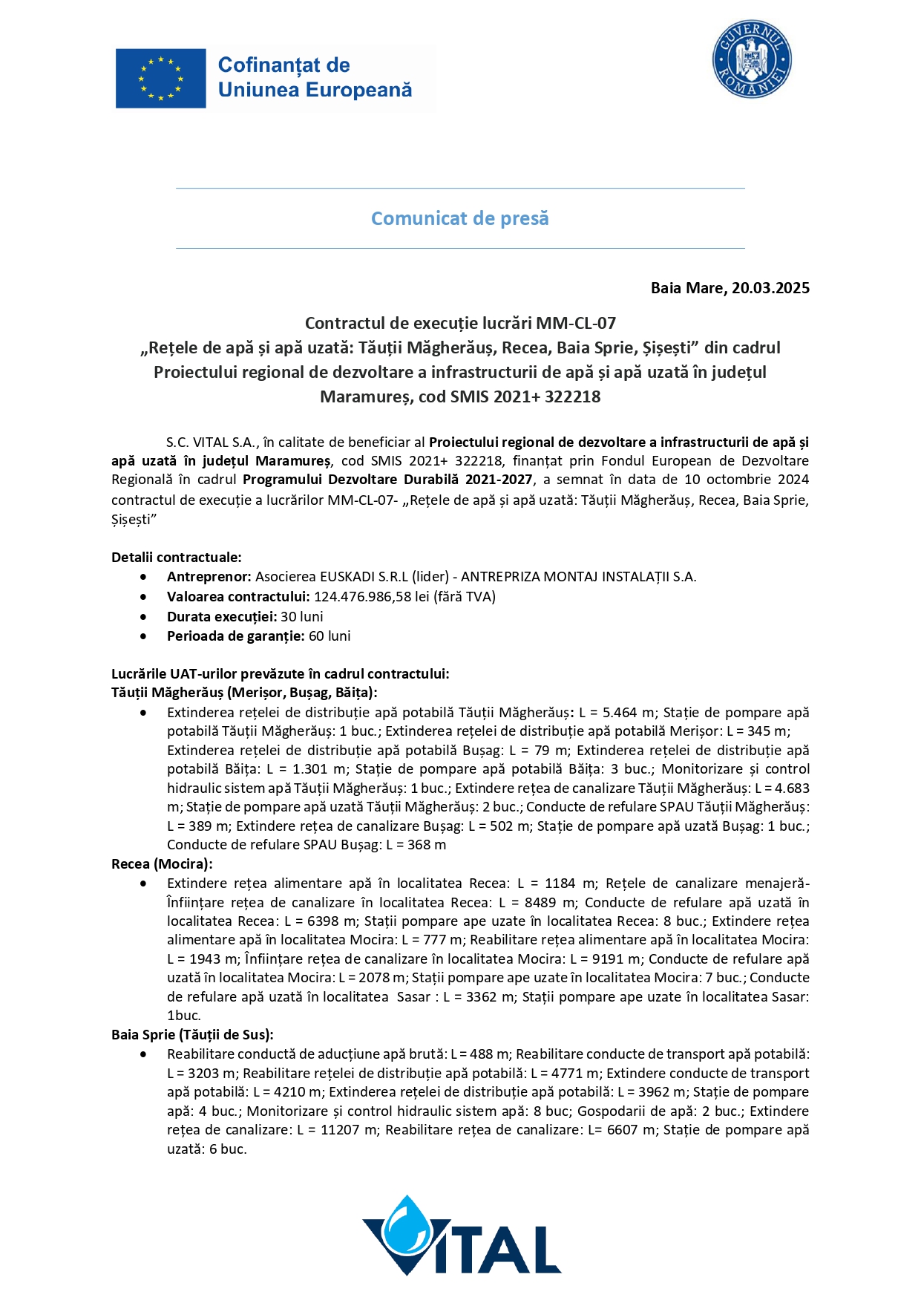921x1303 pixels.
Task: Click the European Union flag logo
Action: point(160,79)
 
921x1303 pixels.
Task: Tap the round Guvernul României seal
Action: point(752,59)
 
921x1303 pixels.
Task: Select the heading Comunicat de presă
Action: point(459,218)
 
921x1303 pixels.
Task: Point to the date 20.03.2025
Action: point(770,288)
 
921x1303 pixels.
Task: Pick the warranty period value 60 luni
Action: point(330,636)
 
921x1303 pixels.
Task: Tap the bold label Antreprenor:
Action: point(209,577)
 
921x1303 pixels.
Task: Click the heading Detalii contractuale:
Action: point(177,558)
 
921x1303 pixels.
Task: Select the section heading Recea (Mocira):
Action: point(162,864)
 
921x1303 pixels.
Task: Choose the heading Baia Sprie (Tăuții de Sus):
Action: point(192,1035)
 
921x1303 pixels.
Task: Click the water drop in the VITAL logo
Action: point(407,1229)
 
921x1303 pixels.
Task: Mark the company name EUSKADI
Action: point(347,577)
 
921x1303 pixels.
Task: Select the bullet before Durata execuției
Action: point(143,617)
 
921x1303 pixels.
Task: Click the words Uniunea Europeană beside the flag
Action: point(315,91)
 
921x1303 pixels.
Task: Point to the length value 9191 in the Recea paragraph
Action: point(612,959)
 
